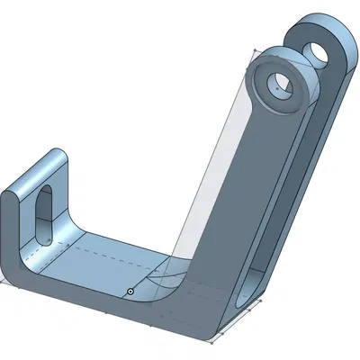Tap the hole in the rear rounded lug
317,50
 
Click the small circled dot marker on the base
130,292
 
